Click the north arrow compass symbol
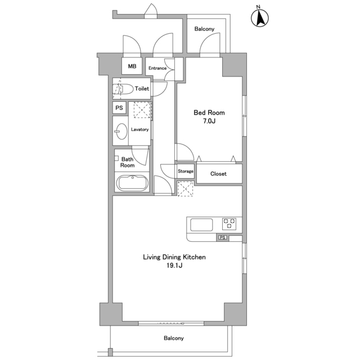point(260,18)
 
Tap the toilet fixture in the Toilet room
point(123,89)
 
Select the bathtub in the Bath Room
point(132,183)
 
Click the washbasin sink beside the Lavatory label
point(121,131)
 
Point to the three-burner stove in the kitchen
point(229,224)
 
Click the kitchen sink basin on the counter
point(201,224)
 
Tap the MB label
point(132,66)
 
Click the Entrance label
point(157,68)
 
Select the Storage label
point(186,171)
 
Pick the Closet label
point(218,174)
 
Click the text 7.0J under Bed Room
point(209,121)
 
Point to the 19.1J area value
point(174,265)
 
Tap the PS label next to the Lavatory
point(119,107)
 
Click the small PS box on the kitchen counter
point(222,237)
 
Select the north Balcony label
point(204,29)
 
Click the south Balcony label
point(174,338)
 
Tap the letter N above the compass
point(258,7)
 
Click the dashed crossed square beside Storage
point(186,189)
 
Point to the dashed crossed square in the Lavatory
point(142,110)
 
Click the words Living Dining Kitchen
point(174,257)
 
